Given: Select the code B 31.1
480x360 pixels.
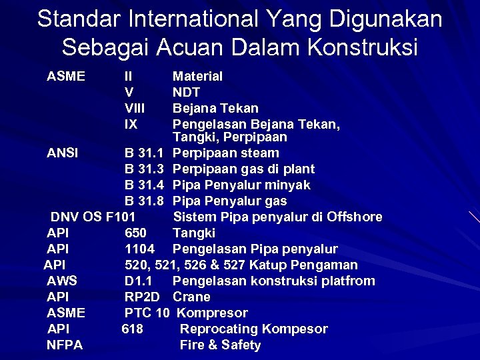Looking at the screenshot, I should click(145, 153).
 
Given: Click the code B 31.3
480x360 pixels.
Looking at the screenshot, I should click(145, 169).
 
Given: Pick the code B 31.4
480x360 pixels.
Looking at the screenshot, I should click(145, 185).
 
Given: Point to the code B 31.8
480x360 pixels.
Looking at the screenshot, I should click(145, 201).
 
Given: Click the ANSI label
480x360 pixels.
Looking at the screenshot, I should click(63, 153).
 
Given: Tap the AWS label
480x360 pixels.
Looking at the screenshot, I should click(62, 281).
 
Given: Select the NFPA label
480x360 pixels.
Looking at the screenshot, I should click(65, 345).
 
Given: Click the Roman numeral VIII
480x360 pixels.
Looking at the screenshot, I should click(135, 108).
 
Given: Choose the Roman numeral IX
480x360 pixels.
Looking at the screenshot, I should click(131, 124).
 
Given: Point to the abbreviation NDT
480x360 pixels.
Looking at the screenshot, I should click(187, 92).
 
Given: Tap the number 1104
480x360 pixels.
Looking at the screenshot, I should click(139, 249).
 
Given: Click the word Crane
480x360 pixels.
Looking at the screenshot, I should click(191, 297).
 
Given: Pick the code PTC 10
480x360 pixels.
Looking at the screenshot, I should click(147, 313).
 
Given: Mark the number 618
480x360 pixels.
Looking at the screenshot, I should click(132, 329).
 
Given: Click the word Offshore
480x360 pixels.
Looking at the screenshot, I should click(355, 217).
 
